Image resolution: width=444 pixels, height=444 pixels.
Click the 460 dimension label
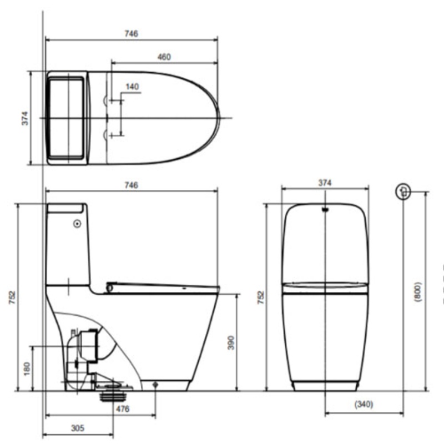[x=164, y=57]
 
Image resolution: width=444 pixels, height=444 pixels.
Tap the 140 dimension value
[x=132, y=87]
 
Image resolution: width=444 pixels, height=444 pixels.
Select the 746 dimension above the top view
[x=131, y=34]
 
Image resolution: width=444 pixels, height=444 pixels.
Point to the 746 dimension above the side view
[x=131, y=185]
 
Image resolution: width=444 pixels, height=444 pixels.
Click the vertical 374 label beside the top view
[x=25, y=118]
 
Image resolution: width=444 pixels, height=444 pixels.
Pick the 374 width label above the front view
[x=325, y=183]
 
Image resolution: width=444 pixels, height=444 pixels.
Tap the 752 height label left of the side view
[x=12, y=297]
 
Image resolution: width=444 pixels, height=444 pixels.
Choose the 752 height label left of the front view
[x=260, y=297]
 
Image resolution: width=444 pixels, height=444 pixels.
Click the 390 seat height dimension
[x=231, y=342]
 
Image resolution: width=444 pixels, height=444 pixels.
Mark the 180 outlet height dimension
[x=27, y=369]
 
